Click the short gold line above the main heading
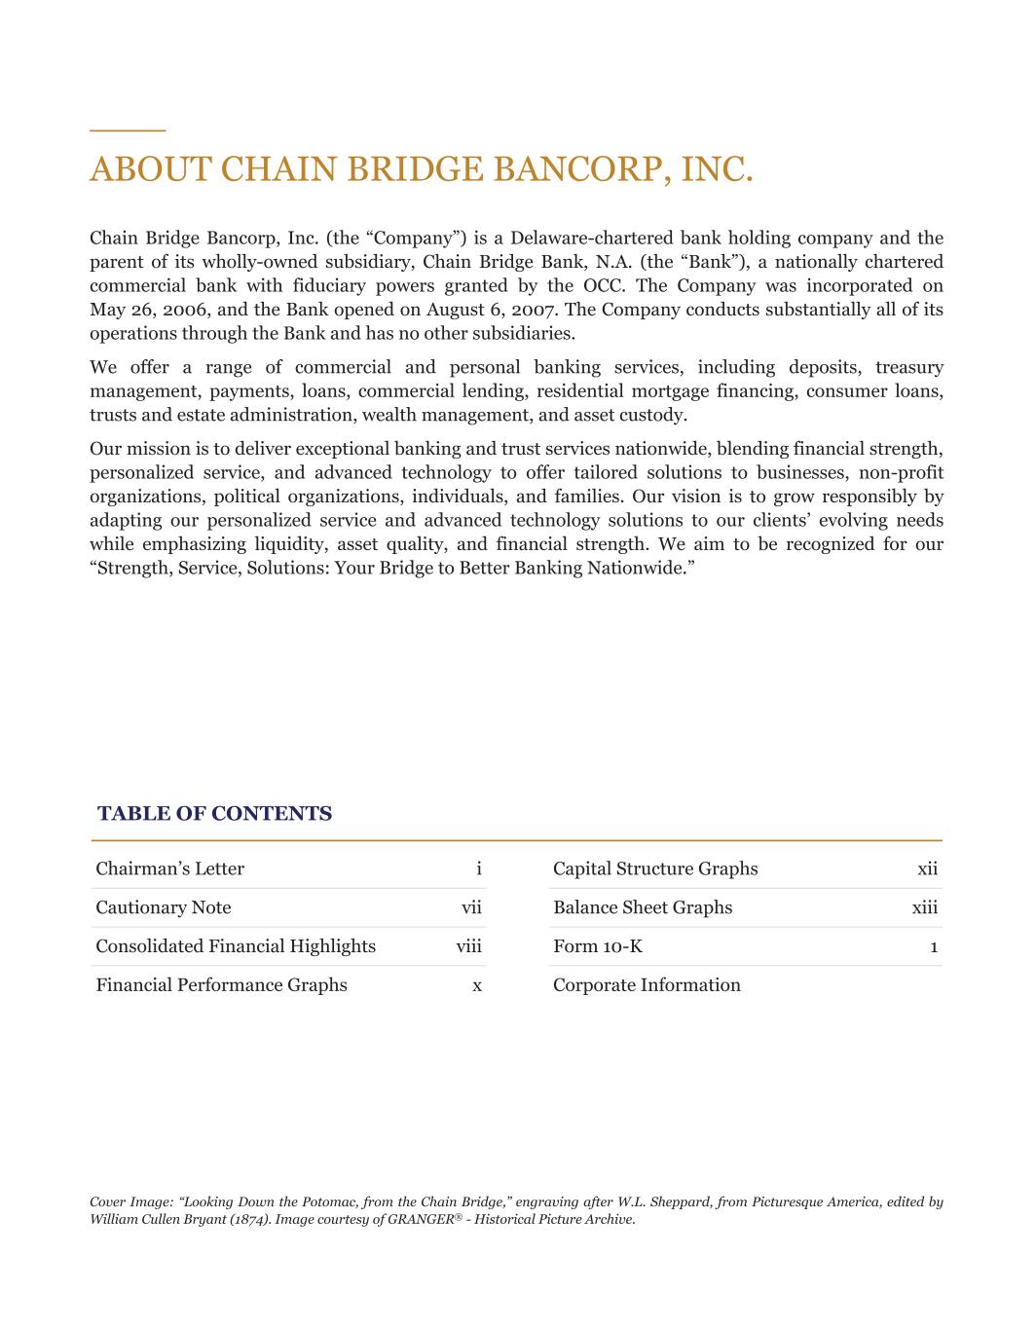(128, 129)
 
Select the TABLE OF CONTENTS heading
(214, 814)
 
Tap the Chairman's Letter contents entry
(169, 868)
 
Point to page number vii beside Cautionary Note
(471, 907)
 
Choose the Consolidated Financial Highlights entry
(236, 946)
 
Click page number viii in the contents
(468, 946)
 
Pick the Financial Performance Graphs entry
(221, 985)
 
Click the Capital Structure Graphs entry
(655, 868)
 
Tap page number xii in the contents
(927, 868)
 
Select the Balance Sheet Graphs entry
(643, 907)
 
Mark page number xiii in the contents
(925, 907)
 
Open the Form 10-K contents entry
(598, 946)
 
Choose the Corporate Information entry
(647, 985)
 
